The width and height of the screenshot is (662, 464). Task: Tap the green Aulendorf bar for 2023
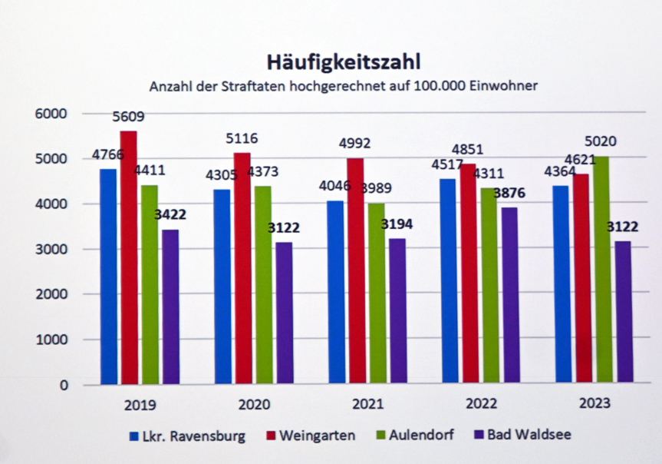click(604, 269)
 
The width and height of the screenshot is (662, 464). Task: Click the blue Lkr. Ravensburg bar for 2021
click(336, 292)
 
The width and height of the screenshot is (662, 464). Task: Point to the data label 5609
click(128, 118)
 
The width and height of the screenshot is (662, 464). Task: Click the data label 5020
click(601, 142)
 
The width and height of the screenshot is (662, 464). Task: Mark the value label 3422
click(170, 214)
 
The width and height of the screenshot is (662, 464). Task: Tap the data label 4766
click(107, 153)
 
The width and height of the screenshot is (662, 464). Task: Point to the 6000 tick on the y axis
click(52, 114)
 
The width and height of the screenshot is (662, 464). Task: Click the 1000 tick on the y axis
click(52, 339)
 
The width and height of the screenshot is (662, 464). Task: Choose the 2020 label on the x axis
click(253, 405)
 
